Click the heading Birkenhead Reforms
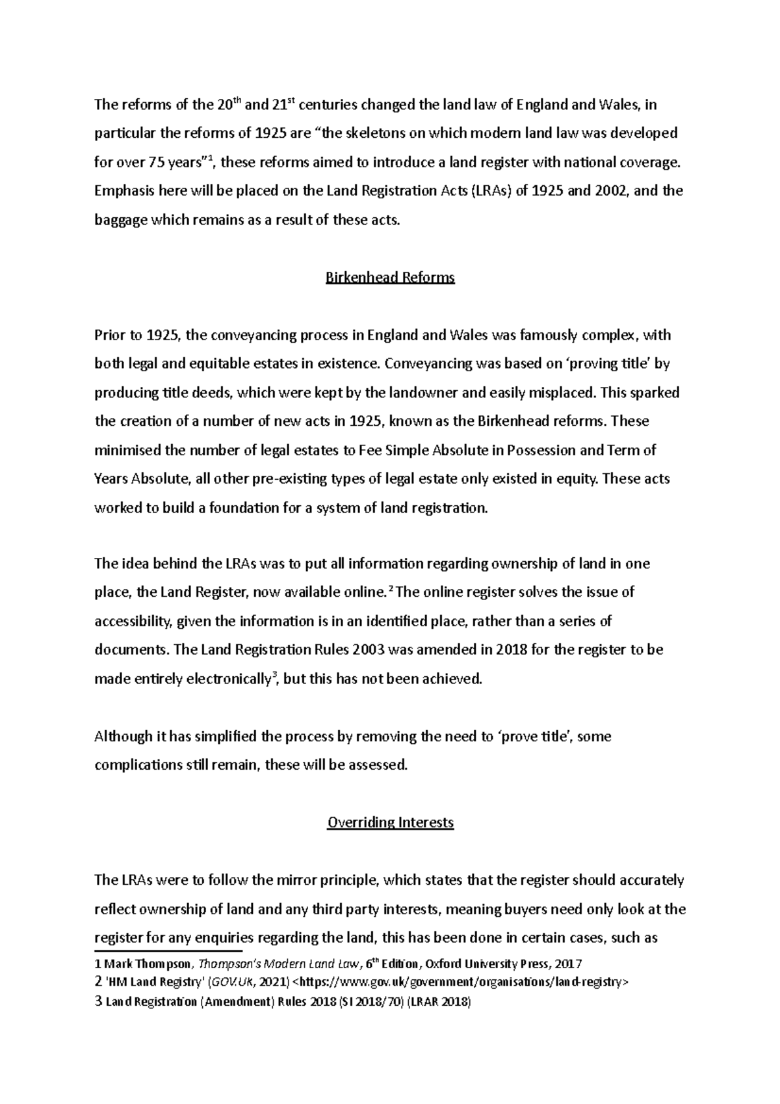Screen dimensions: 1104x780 (x=390, y=278)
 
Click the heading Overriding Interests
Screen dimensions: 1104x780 (x=390, y=822)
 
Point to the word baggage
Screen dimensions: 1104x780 (x=120, y=220)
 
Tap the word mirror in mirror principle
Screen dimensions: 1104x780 (x=294, y=880)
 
